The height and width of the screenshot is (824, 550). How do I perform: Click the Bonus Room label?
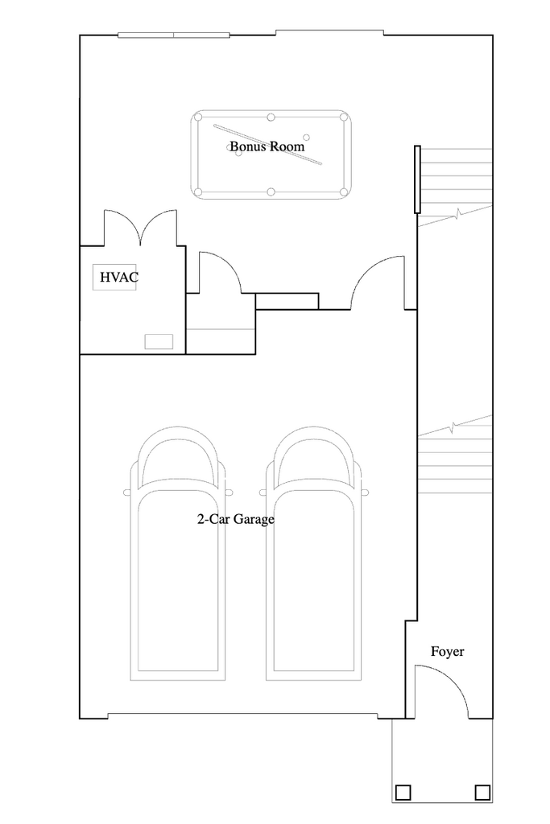pos(267,146)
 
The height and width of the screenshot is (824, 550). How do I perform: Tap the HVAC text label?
pos(119,277)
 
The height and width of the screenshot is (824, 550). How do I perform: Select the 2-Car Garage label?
pos(236,519)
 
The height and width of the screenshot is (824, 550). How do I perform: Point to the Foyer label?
pos(448,652)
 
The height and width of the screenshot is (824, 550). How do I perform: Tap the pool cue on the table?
pos(267,145)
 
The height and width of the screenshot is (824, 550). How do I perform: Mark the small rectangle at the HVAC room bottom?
pos(159,341)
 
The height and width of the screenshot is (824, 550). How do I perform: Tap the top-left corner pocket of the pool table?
pos(198,117)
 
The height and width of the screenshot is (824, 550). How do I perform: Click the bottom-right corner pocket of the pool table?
pos(344,192)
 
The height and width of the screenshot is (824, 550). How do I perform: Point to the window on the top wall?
pos(173,35)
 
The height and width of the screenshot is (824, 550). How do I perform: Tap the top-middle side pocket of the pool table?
pos(271,117)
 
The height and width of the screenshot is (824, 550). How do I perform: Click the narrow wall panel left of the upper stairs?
pos(417,179)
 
